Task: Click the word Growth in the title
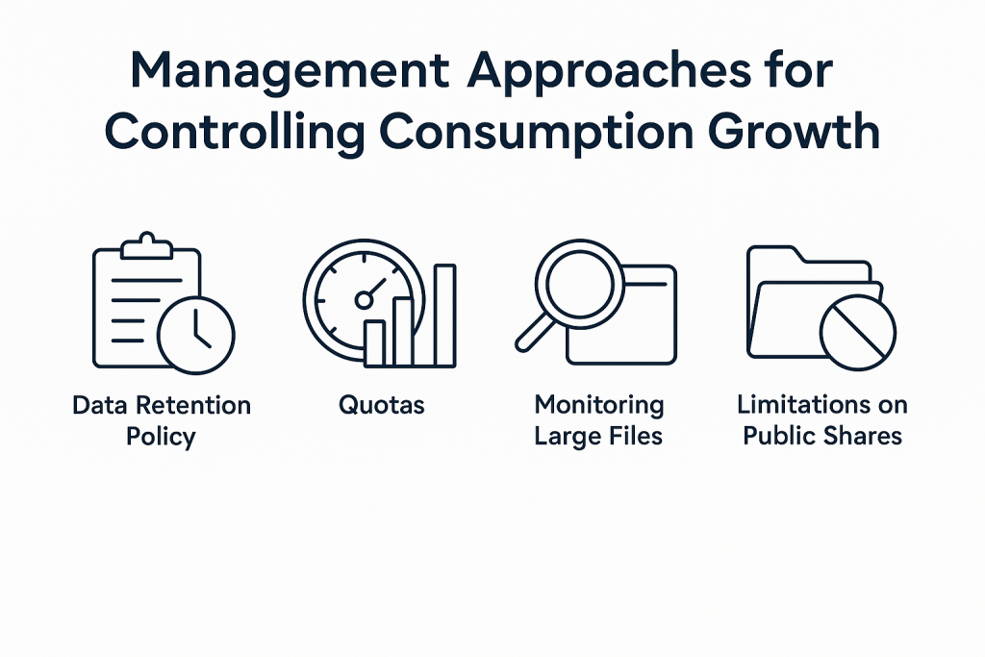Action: pos(794,131)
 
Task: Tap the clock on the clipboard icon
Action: pos(196,336)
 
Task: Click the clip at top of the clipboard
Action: pos(146,246)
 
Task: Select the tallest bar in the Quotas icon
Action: pos(445,316)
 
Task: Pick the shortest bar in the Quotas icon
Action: pos(374,343)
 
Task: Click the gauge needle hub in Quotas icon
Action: pos(364,300)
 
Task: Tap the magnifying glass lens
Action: pos(578,283)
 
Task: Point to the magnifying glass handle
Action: pos(533,333)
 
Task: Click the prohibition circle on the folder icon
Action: pos(858,332)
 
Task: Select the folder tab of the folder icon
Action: pos(776,253)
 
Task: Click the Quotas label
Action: pos(381,405)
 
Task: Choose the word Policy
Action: pos(161,437)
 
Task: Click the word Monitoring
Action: pos(599,406)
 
